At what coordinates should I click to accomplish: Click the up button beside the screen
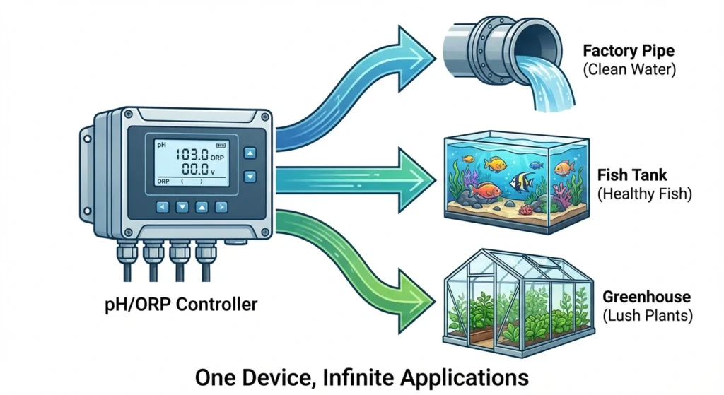point(250,153)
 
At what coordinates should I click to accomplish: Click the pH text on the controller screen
point(162,143)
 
